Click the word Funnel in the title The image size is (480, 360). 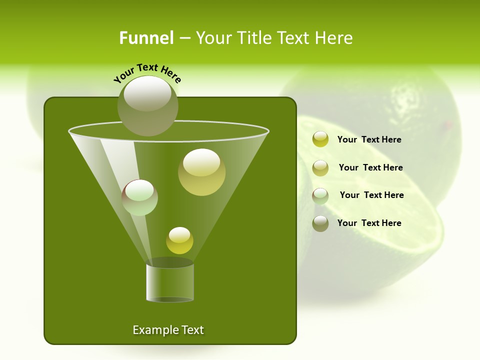pyautogui.click(x=146, y=38)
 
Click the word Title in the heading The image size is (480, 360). pyautogui.click(x=254, y=38)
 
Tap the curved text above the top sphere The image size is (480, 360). pyautogui.click(x=147, y=72)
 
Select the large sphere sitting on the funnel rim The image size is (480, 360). pyautogui.click(x=147, y=105)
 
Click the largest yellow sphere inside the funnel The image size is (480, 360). pyautogui.click(x=201, y=172)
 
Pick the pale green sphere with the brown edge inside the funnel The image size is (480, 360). pyautogui.click(x=139, y=197)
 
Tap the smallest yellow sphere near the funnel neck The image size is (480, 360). pyautogui.click(x=179, y=240)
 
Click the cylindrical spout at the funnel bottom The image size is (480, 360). pyautogui.click(x=169, y=282)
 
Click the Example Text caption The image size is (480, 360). pyautogui.click(x=168, y=330)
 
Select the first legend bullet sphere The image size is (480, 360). pyautogui.click(x=320, y=139)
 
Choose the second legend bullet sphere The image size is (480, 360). pyautogui.click(x=320, y=168)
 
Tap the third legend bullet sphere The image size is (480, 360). pyautogui.click(x=320, y=196)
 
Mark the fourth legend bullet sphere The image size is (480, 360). pyautogui.click(x=320, y=223)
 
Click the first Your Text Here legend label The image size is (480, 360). pyautogui.click(x=369, y=139)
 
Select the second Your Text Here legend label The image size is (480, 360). pyautogui.click(x=370, y=167)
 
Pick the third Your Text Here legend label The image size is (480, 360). pyautogui.click(x=371, y=195)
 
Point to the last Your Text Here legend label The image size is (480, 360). pyautogui.click(x=369, y=223)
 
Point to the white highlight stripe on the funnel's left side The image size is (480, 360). pyautogui.click(x=120, y=170)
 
